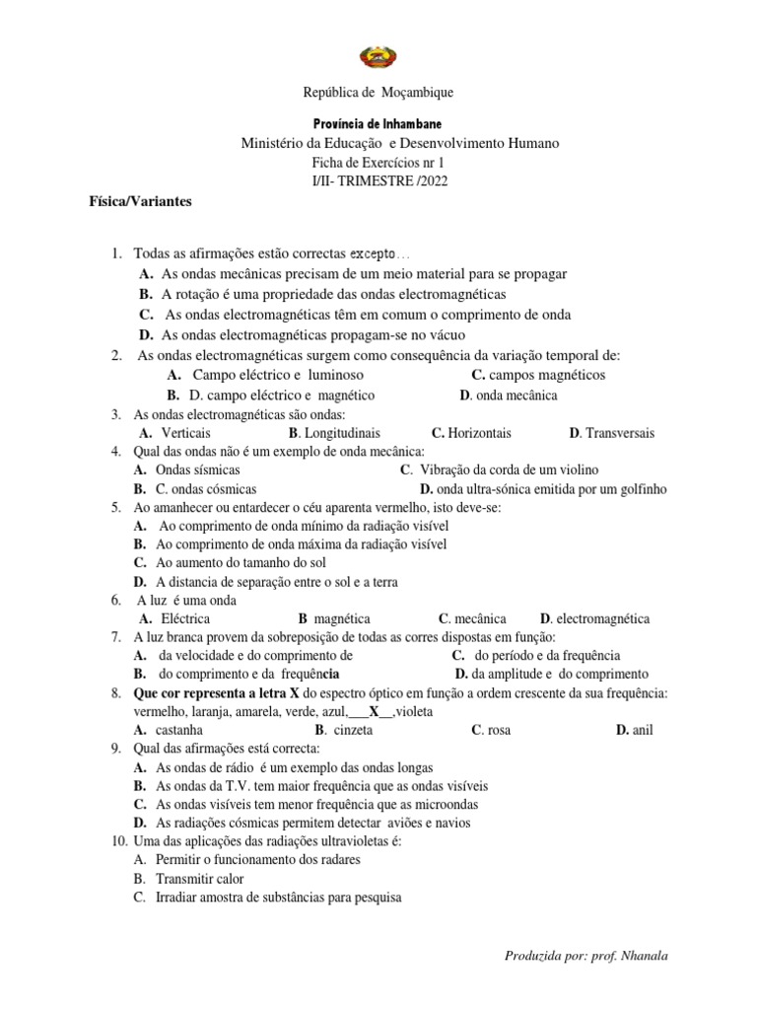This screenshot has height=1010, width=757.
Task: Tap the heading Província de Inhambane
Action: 378,123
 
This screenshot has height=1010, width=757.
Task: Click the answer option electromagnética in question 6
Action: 602,619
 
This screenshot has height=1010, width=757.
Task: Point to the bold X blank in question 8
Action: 374,712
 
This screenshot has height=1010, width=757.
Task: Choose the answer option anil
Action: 642,731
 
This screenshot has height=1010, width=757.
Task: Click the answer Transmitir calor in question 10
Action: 199,879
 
